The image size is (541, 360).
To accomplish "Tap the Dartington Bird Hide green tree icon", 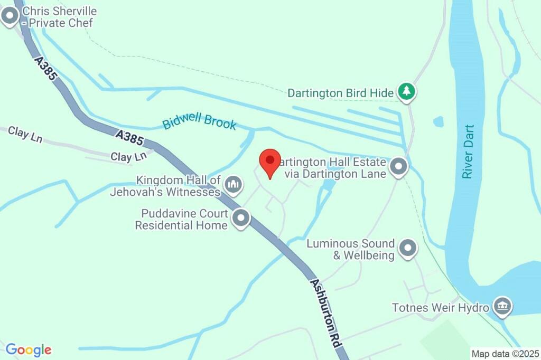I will point(406,92).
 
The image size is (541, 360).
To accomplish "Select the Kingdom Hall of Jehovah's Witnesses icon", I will point(233,185).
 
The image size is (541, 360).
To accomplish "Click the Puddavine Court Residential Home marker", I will point(241,218).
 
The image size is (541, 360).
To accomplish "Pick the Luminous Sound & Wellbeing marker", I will point(407,248).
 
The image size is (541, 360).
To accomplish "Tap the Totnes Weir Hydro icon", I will point(501,306).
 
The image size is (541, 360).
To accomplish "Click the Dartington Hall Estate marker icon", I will point(399,167).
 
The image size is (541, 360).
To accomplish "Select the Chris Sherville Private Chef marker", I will point(10,17).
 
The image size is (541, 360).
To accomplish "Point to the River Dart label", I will point(468,151).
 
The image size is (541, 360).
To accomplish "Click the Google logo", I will point(29,349).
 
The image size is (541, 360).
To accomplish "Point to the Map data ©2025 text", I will point(505,354).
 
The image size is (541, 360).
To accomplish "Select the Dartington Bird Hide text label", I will point(340,93).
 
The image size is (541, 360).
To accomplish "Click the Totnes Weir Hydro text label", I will point(441,307).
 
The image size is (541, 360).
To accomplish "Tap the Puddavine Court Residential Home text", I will point(182,220).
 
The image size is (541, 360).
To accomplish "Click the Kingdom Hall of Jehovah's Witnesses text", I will point(165,186).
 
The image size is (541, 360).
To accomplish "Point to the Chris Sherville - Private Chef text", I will point(59,17).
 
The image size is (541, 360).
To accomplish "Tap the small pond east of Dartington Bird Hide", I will point(439,122).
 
